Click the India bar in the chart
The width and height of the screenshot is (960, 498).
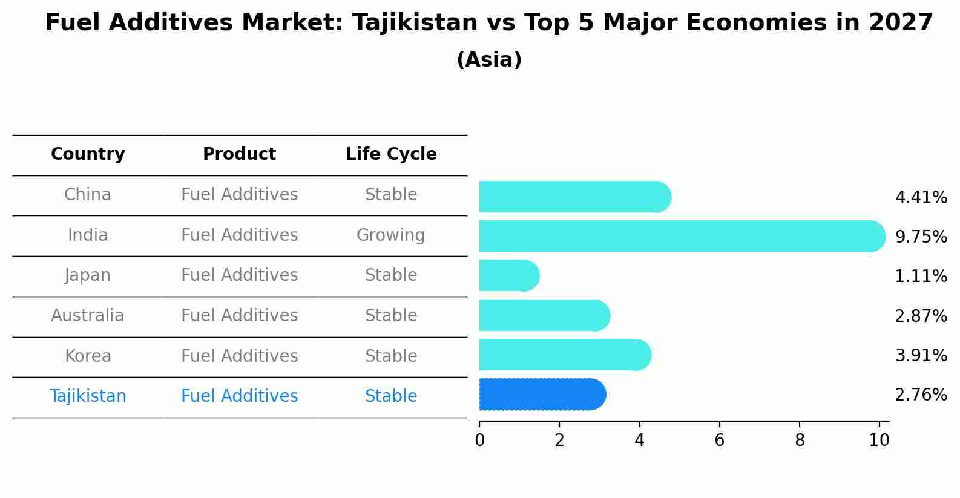[x=678, y=236]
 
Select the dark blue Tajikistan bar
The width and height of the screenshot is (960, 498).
[x=542, y=395]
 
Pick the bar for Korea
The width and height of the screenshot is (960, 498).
[x=563, y=355]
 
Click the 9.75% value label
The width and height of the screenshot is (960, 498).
[x=921, y=237]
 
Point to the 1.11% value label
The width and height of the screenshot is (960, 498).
[x=921, y=277]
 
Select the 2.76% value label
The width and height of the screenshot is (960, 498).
[x=921, y=395]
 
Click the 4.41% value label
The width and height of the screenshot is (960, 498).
[x=921, y=198]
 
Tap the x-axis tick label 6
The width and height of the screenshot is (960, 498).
[x=719, y=441]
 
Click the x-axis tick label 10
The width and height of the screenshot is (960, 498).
[x=879, y=441]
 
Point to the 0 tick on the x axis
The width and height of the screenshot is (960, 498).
[x=479, y=441]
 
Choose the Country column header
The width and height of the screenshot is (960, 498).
[x=88, y=154]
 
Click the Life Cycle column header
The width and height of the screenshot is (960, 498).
[x=391, y=154]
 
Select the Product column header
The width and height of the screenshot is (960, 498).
[x=239, y=154]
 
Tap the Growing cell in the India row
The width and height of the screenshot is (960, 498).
[x=390, y=235]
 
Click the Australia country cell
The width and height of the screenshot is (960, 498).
[x=88, y=316]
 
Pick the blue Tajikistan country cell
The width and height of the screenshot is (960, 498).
[x=88, y=396]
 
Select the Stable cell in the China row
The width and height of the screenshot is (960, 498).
[x=391, y=195]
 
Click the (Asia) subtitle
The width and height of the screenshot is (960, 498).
[x=489, y=60]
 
